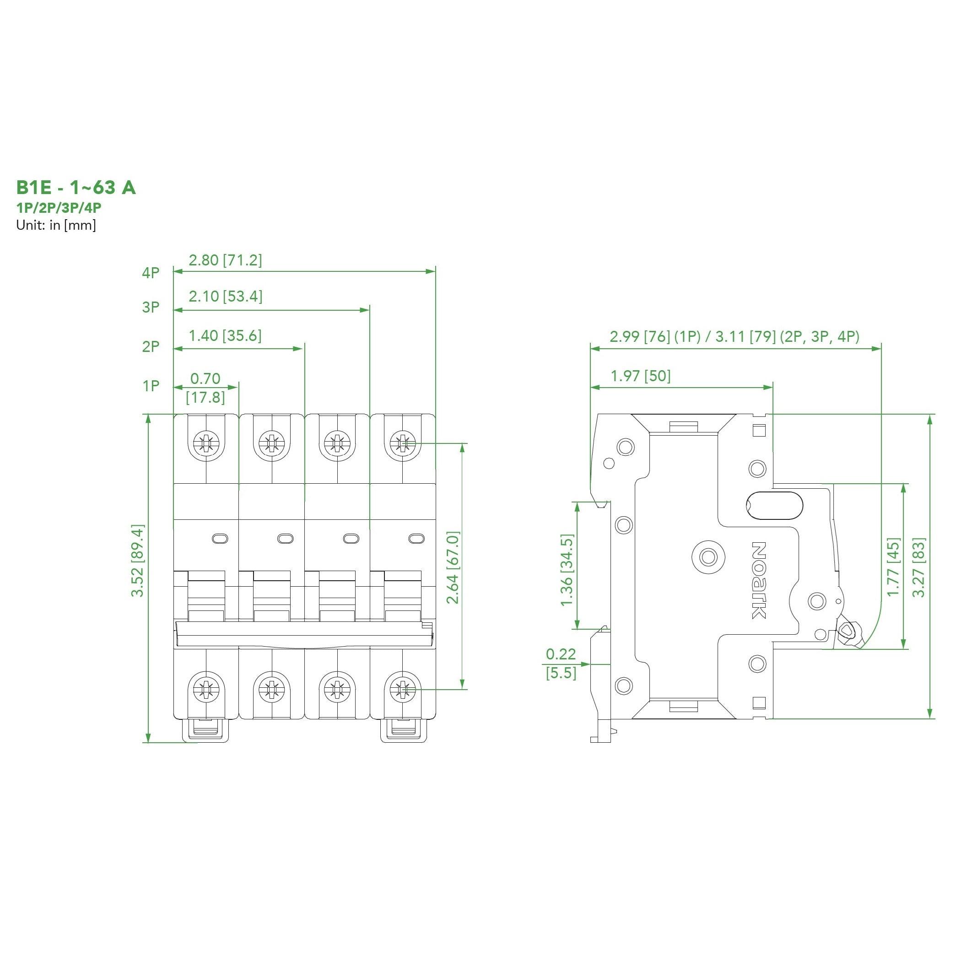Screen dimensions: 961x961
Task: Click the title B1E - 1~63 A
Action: (x=76, y=188)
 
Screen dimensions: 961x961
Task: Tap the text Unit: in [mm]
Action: (x=56, y=225)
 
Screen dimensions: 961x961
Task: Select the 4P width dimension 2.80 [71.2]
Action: (x=225, y=260)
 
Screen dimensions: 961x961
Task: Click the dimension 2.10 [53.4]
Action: (x=225, y=297)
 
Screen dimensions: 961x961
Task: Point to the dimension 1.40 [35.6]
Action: (x=225, y=336)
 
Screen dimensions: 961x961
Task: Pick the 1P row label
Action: (x=151, y=385)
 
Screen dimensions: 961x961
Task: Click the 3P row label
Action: (x=151, y=307)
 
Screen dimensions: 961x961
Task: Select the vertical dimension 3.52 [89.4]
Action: (x=137, y=560)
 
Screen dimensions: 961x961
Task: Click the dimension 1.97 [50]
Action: (x=640, y=376)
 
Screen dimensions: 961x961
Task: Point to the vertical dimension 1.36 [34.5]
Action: (x=567, y=570)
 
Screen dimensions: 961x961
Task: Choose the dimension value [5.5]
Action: (x=561, y=674)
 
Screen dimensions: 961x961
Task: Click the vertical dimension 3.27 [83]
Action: (x=919, y=567)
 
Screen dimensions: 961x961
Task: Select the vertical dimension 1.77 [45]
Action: (x=893, y=567)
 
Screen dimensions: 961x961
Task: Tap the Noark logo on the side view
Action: (x=758, y=580)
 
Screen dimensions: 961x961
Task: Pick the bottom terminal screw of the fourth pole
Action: (x=402, y=690)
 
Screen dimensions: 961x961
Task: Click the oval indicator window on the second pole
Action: (x=285, y=538)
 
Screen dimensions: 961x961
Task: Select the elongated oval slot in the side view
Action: (x=774, y=505)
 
